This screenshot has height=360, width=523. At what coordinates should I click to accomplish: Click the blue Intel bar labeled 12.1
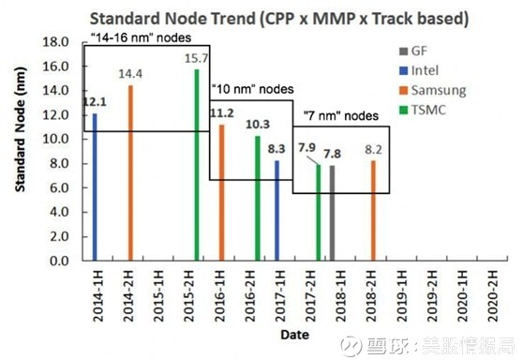click(x=95, y=187)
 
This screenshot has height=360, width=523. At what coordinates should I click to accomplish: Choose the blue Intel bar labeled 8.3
click(x=276, y=211)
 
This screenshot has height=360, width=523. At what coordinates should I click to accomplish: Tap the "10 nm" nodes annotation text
click(x=251, y=89)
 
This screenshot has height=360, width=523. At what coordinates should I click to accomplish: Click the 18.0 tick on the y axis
click(x=58, y=42)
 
